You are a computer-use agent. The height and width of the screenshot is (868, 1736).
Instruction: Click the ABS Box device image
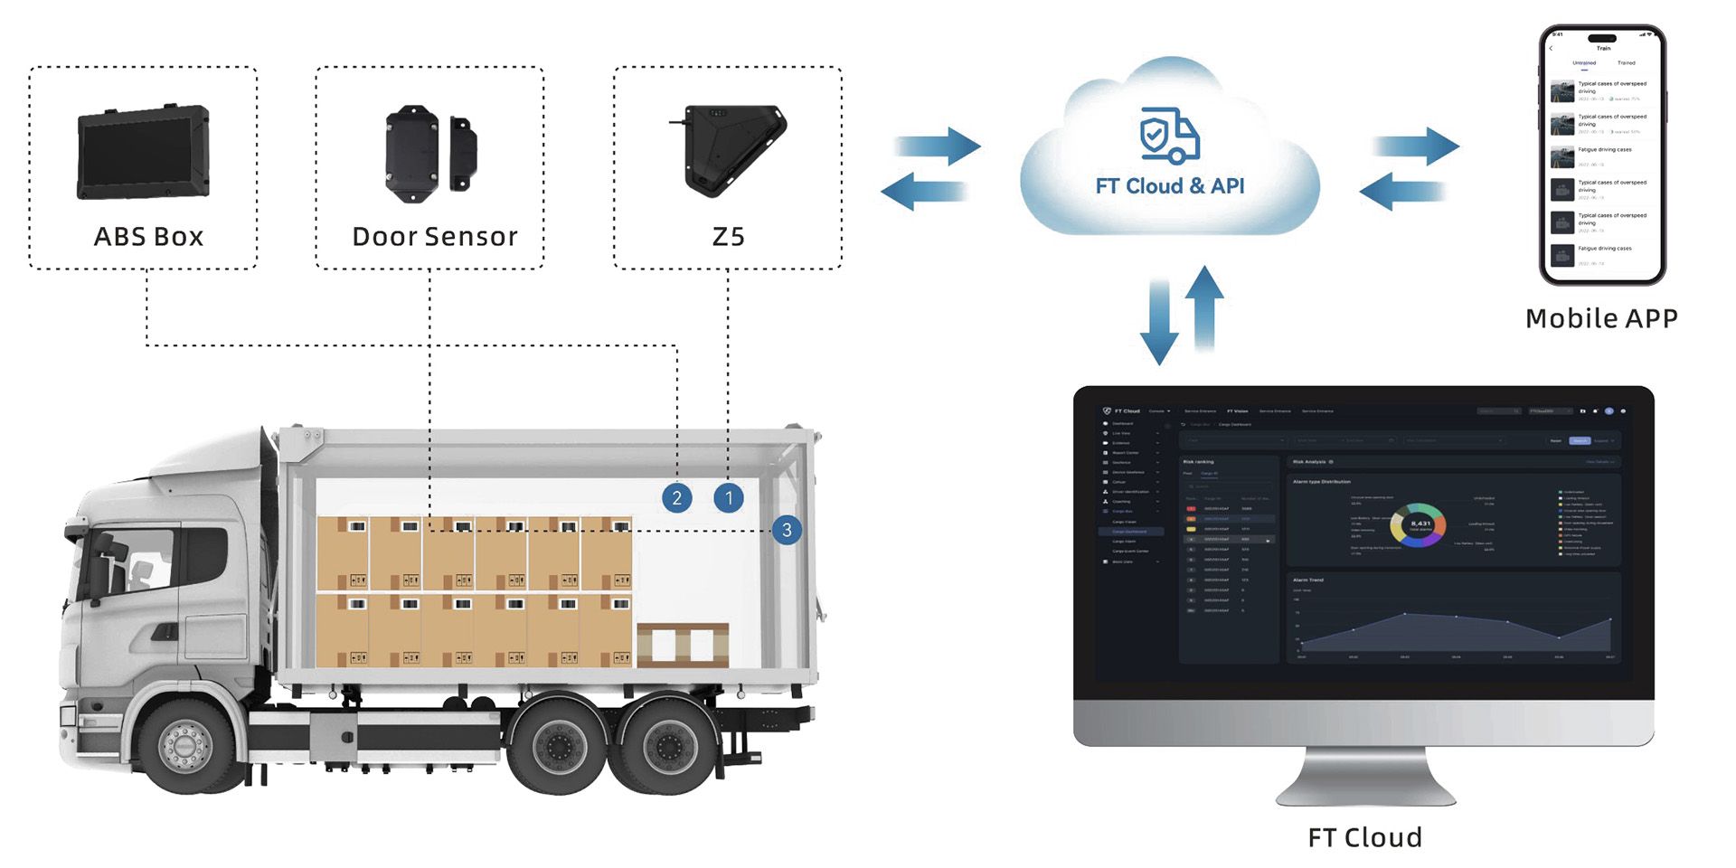point(144,153)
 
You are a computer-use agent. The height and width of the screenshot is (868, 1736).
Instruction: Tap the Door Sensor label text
point(435,237)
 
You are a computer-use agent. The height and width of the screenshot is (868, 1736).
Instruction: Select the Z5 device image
point(731,150)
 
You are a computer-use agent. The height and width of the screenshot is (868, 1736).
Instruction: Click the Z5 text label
point(728,237)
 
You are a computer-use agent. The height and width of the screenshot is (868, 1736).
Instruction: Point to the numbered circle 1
point(729,497)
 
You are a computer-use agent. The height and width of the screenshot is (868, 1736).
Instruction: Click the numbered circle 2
point(676,497)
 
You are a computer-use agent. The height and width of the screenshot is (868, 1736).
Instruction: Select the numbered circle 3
point(787,530)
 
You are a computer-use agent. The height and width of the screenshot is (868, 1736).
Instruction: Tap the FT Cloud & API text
point(1169,186)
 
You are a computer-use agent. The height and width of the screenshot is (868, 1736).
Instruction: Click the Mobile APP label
point(1601,318)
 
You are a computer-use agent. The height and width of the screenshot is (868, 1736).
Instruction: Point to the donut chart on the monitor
point(1417,524)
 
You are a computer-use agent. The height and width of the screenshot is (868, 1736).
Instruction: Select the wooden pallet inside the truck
point(683,645)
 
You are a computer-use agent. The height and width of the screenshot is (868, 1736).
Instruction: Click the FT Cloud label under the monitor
point(1364,837)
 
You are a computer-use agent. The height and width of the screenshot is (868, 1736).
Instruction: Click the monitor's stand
point(1365,778)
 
